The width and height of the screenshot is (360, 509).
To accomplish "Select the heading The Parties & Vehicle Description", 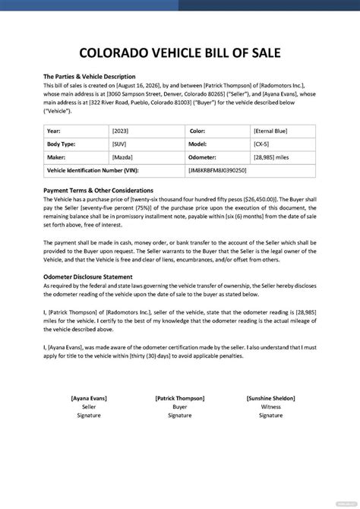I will click(x=89, y=77).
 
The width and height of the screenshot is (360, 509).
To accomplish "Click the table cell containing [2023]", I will click(x=120, y=130).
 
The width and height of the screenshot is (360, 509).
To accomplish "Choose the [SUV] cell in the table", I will click(x=119, y=144).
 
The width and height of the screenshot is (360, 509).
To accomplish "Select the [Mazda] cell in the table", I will click(x=122, y=157).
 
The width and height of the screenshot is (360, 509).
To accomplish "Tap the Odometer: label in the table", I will click(x=207, y=157).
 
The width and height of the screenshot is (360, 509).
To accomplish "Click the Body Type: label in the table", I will click(x=63, y=144).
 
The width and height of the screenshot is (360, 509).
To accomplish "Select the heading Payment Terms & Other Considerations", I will click(x=98, y=190).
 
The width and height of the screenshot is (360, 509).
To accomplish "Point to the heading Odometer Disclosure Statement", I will click(x=88, y=277).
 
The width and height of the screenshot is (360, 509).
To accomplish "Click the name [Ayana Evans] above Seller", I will click(x=89, y=397).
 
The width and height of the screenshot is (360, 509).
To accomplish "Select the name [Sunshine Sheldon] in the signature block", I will click(x=270, y=397).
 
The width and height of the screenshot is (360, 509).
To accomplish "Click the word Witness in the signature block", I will click(x=270, y=406).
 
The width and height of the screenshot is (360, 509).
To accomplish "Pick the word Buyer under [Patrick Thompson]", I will click(x=179, y=406).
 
